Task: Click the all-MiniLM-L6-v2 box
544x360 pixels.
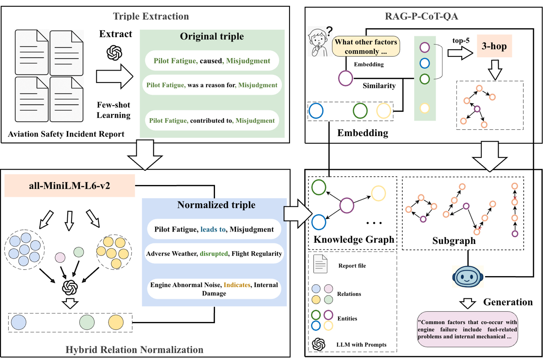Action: (x=70, y=185)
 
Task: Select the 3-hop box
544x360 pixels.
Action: (x=494, y=46)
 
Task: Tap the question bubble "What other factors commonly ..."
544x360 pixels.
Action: (x=366, y=46)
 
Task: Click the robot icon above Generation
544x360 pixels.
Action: (x=468, y=276)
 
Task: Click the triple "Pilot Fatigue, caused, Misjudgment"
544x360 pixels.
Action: (x=212, y=61)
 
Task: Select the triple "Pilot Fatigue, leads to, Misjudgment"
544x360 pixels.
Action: (x=214, y=229)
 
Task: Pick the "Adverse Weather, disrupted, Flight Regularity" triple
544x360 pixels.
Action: (x=214, y=253)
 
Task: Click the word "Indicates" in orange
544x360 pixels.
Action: (x=237, y=285)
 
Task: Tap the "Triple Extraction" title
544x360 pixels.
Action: (x=151, y=16)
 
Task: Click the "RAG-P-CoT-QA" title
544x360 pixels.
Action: (x=421, y=16)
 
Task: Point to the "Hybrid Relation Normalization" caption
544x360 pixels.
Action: (x=135, y=350)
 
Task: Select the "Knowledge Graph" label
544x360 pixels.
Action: (x=354, y=239)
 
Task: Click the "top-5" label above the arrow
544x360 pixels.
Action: (x=461, y=40)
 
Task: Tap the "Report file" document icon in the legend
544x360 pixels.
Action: (x=320, y=264)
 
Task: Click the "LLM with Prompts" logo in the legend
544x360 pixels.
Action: (x=319, y=344)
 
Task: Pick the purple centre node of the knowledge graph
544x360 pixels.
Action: (x=347, y=205)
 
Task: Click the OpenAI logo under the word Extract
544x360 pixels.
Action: (x=114, y=53)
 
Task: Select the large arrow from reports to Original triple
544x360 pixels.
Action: (x=115, y=77)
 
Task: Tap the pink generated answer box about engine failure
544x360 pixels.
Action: (x=467, y=329)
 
